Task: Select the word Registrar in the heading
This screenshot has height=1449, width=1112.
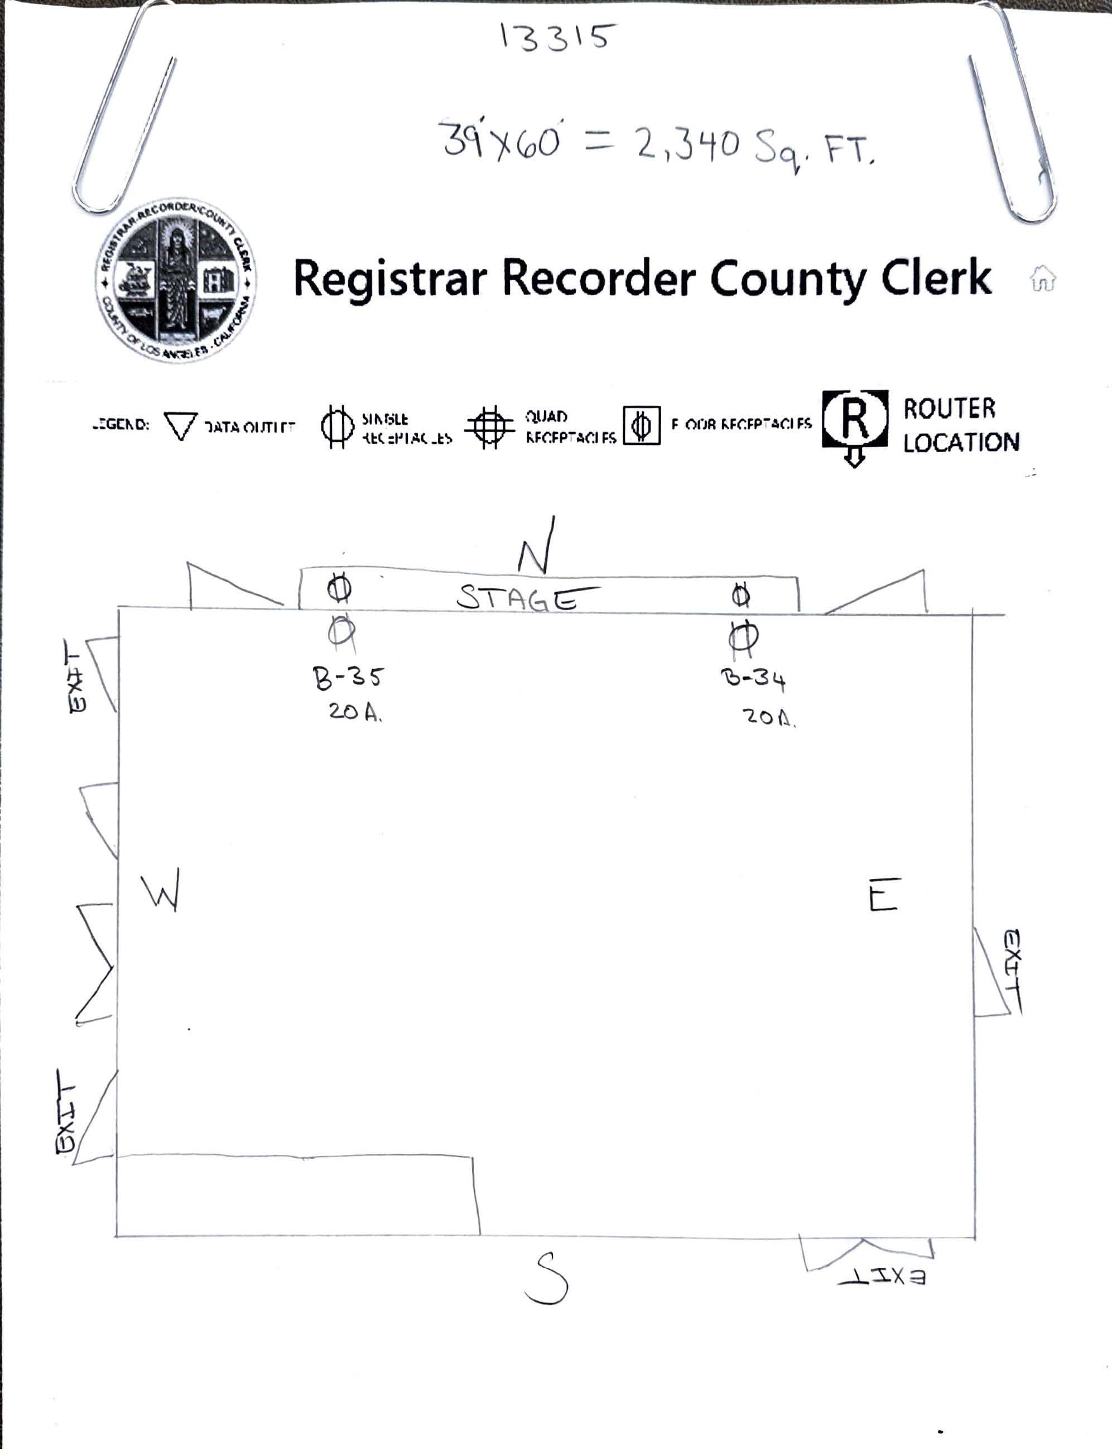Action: (390, 278)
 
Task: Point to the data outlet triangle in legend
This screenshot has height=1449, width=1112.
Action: (180, 426)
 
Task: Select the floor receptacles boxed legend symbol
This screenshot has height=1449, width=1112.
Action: (642, 425)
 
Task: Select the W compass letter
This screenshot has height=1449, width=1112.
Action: (161, 891)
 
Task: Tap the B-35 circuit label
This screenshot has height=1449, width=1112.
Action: (348, 678)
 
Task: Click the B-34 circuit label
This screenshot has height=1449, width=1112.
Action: (753, 679)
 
